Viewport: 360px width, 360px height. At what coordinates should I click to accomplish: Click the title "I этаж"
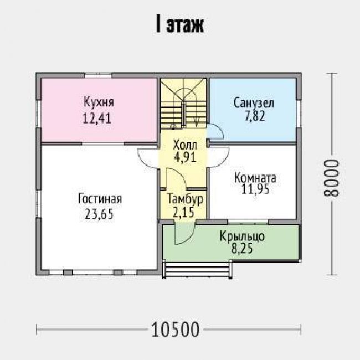[180, 24]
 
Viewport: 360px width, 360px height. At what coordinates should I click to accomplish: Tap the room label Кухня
[99, 102]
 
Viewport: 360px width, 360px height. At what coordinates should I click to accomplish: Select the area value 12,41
[97, 118]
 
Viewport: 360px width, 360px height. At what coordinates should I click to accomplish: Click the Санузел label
[254, 103]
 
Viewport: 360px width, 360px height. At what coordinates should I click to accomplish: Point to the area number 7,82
[255, 116]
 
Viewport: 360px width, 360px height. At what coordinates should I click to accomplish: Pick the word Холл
[185, 145]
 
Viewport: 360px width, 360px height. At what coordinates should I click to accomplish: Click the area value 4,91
[185, 157]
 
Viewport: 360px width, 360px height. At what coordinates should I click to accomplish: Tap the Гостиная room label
[100, 199]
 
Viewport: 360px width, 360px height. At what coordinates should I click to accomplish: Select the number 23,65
[99, 214]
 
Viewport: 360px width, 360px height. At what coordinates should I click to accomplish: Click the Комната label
[255, 178]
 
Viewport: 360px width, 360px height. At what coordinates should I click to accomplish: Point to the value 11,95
[255, 189]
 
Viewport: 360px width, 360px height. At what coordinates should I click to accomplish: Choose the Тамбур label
[185, 199]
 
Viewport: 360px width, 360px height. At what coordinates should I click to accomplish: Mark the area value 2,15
[183, 212]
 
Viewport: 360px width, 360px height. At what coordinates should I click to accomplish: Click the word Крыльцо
[242, 236]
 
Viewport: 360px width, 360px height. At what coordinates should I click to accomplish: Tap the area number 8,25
[242, 248]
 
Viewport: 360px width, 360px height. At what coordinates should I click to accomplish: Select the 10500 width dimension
[175, 329]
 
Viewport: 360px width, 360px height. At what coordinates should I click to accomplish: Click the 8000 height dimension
[331, 178]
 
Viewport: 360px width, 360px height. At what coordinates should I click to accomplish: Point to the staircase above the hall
[183, 104]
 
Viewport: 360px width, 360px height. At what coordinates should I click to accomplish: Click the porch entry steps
[197, 269]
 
